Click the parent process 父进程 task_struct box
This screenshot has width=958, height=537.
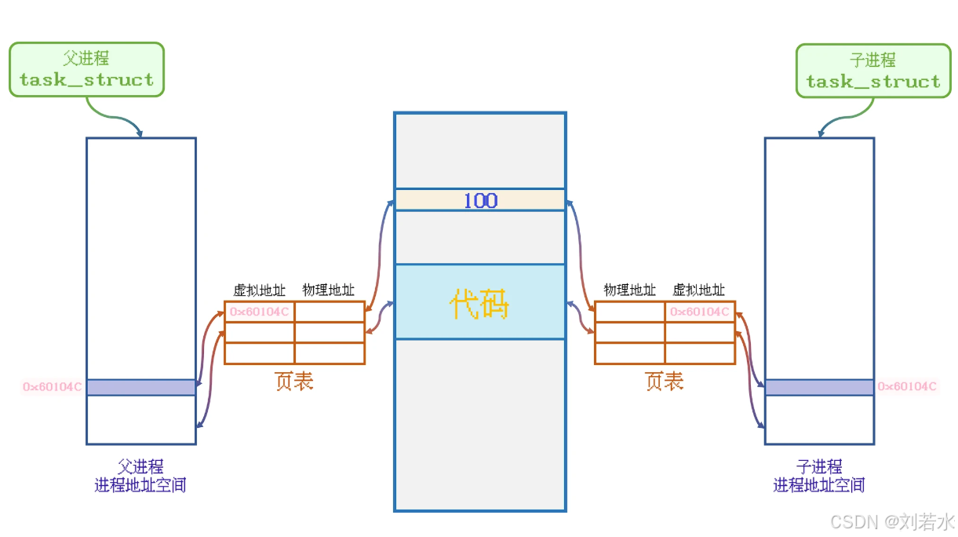(x=86, y=70)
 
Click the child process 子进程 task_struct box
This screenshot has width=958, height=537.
(x=872, y=71)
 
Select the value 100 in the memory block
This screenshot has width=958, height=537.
(x=479, y=200)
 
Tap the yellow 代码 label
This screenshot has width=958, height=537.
(x=479, y=304)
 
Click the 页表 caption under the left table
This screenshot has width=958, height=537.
(x=294, y=382)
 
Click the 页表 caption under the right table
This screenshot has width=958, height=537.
(x=665, y=382)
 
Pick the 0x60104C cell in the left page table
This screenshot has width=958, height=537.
(x=260, y=312)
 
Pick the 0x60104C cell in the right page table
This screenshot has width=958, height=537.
(x=699, y=312)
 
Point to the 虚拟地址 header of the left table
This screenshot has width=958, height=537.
(x=260, y=290)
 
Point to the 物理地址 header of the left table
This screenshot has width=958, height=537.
(x=329, y=290)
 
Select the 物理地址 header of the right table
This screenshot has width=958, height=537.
(x=629, y=290)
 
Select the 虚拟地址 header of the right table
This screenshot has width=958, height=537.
(x=699, y=290)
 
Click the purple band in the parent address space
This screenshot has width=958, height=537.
(x=141, y=387)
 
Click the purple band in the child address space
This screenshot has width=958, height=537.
(x=819, y=387)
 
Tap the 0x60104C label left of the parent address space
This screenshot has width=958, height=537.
(x=53, y=387)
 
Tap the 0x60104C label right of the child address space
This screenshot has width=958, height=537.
(x=907, y=386)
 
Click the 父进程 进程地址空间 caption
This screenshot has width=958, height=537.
(x=140, y=476)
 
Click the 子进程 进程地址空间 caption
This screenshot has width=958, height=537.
(x=819, y=476)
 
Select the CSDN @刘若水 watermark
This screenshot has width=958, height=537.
(x=892, y=521)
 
